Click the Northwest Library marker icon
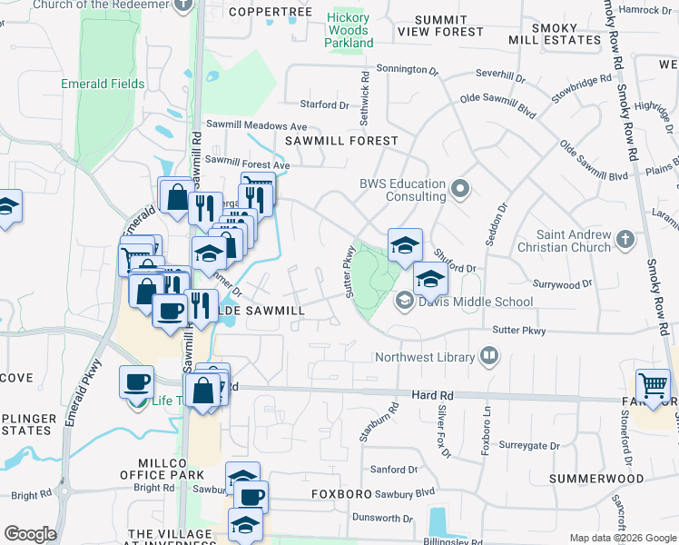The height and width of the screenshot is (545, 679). point(489,356)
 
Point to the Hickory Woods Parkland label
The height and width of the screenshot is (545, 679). point(349,30)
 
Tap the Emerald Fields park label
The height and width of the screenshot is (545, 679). point(103,84)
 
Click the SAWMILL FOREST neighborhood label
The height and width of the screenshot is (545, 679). point(341,141)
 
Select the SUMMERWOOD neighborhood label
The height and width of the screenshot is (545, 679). point(596,479)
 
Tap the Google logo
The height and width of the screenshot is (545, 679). point(30,533)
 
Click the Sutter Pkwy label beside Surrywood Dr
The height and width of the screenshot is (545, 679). point(519,331)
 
